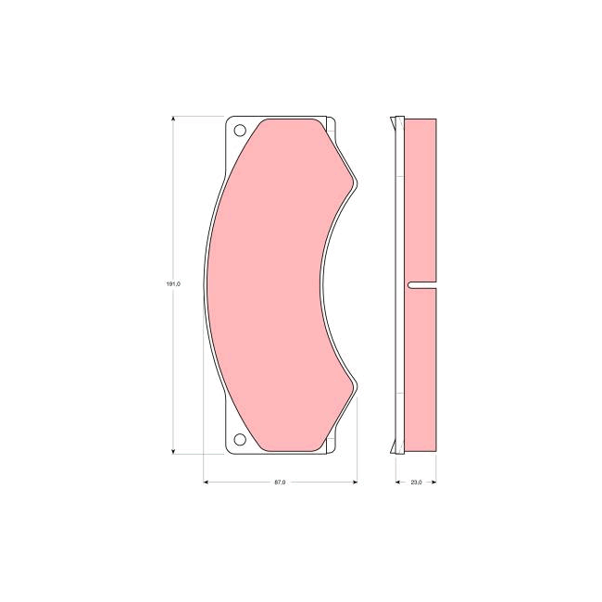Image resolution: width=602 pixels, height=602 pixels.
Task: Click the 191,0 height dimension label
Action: point(172,284)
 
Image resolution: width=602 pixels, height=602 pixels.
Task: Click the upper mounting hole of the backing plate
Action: point(239,131)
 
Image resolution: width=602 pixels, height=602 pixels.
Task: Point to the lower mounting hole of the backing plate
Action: point(239,439)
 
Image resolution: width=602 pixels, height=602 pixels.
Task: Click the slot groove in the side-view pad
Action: point(421,284)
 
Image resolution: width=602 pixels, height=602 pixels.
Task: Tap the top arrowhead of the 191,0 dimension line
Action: point(173,119)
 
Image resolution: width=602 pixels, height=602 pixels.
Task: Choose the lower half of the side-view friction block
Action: point(421,370)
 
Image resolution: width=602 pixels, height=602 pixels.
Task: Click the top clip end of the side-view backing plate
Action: point(398,119)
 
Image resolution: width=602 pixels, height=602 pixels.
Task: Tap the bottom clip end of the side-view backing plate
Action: point(398,450)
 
